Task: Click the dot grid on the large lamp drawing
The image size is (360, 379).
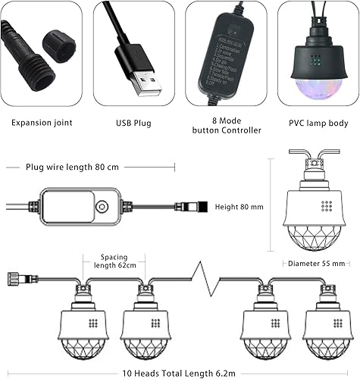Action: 326,205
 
